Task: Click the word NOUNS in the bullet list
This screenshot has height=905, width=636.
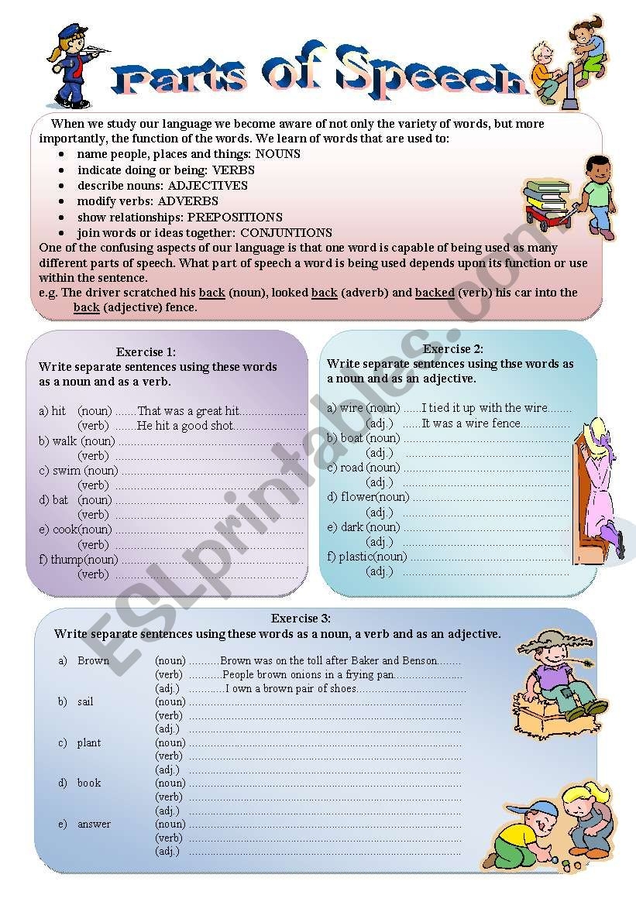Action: [x=277, y=154]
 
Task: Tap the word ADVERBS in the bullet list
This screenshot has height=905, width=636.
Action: [x=193, y=201]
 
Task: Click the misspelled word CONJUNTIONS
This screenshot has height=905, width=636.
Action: [x=286, y=233]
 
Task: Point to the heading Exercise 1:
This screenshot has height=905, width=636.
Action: [x=146, y=351]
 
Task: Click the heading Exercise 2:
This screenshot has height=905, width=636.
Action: [x=453, y=348]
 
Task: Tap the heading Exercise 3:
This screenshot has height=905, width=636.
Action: [x=301, y=619]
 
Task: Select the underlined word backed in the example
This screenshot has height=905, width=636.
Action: [x=435, y=293]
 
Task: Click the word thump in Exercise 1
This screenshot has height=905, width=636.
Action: [x=67, y=560]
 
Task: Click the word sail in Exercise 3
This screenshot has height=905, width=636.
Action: [x=85, y=701]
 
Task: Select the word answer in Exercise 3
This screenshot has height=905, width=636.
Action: [x=94, y=824]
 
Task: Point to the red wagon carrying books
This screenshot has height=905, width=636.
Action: [x=546, y=212]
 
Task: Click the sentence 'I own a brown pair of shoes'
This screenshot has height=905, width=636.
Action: [x=291, y=688]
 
